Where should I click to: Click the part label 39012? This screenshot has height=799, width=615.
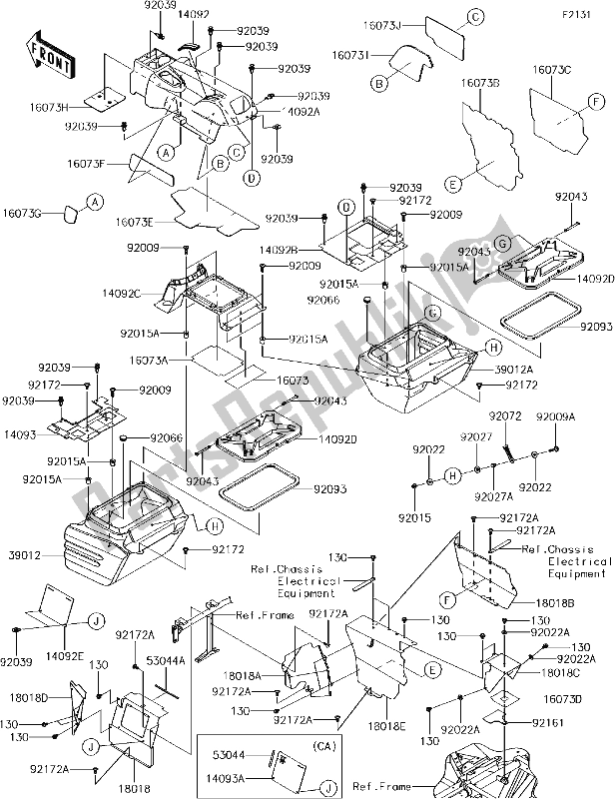coord(24,552)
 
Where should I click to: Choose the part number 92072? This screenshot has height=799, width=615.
coord(505,415)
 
